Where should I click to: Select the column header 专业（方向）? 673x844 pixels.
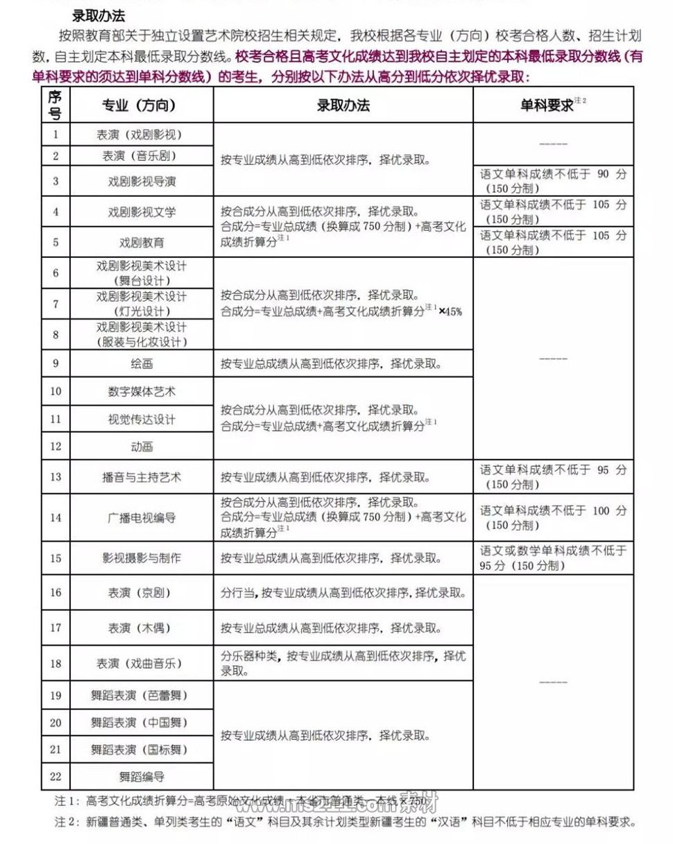(x=141, y=105)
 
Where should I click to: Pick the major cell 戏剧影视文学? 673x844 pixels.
(x=141, y=212)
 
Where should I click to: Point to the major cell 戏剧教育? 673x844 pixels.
(x=141, y=243)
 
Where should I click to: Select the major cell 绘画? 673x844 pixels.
(x=141, y=363)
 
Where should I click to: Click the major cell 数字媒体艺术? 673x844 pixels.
(x=141, y=392)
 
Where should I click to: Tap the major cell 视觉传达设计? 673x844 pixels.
(x=141, y=420)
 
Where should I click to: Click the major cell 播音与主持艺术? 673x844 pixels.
(x=141, y=477)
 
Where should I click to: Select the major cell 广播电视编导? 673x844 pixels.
(x=141, y=518)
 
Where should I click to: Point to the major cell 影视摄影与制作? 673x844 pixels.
(x=141, y=558)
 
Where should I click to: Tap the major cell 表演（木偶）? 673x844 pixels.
(x=141, y=628)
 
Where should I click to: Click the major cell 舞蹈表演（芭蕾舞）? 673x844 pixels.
(x=141, y=696)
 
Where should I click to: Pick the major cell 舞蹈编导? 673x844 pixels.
(x=141, y=777)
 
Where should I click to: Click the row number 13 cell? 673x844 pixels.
(x=56, y=477)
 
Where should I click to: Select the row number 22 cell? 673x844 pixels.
(x=56, y=777)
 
